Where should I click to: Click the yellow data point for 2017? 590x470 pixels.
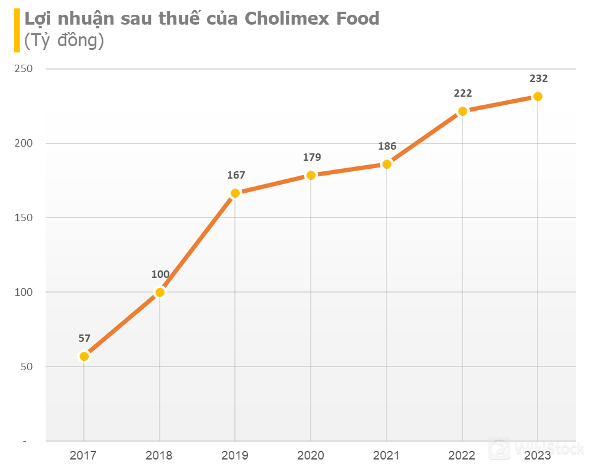point(84,357)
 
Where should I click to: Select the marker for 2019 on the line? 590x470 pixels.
point(235,193)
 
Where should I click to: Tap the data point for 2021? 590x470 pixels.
point(387,164)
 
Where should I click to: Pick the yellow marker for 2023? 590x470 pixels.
point(538,97)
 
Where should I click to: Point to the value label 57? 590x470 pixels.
point(84,338)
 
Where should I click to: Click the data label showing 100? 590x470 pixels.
point(160,274)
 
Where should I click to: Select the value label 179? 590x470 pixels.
point(312,158)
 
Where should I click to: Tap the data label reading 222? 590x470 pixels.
point(463,93)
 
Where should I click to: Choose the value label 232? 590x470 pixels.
point(538,78)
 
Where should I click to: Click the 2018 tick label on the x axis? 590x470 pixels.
point(159,456)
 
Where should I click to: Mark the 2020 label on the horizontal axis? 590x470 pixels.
point(311,456)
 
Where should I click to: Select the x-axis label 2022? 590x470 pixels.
point(462,456)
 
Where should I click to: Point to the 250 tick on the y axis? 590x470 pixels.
point(24,69)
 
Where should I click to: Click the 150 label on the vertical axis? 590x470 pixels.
point(24,217)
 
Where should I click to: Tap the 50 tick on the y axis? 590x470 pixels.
point(27,367)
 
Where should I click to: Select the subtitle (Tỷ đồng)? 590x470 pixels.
point(64,41)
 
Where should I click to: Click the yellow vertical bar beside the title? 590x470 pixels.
point(17,30)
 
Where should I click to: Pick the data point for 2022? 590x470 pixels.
point(462,111)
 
